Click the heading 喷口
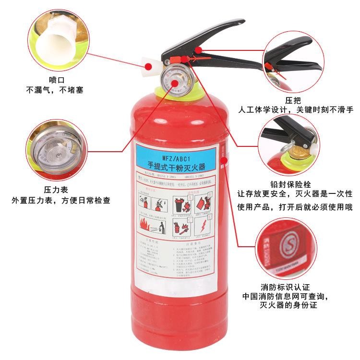pos(56,80)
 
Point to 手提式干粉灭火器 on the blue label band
pos(176,166)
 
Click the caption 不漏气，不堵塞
pos(56,90)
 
